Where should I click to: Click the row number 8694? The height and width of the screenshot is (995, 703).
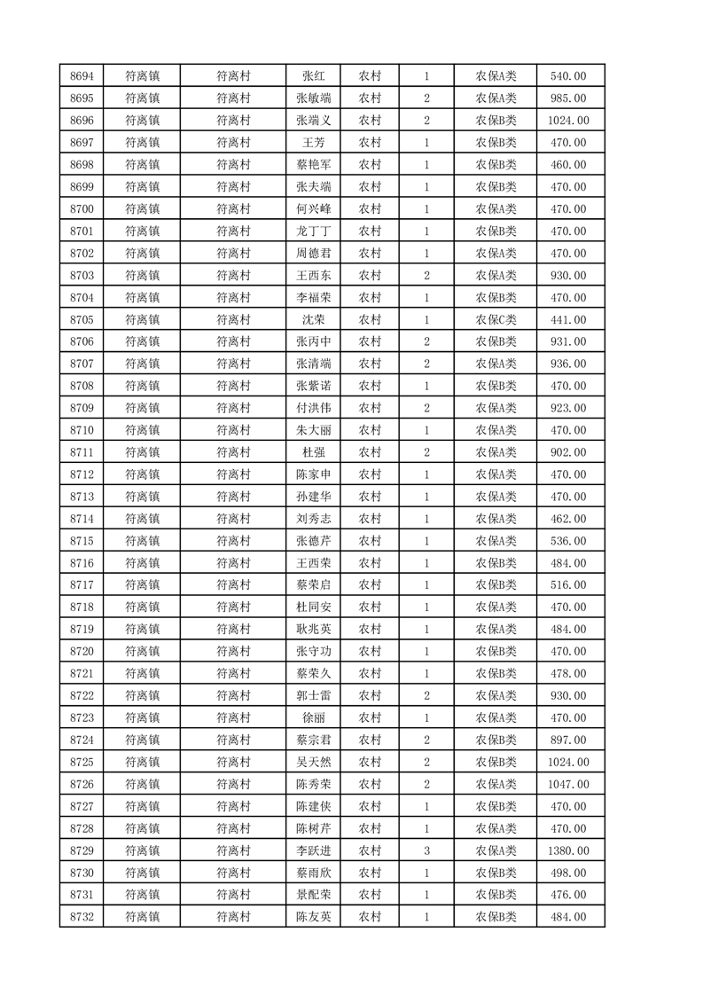pyautogui.click(x=82, y=76)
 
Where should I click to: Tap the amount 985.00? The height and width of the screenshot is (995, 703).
pyautogui.click(x=568, y=98)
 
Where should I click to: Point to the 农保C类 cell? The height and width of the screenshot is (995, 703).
pyautogui.click(x=496, y=320)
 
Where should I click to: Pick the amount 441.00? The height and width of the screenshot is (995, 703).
pyautogui.click(x=568, y=320)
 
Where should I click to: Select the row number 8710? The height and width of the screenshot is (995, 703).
pyautogui.click(x=82, y=430)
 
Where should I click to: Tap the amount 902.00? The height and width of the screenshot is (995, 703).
pyautogui.click(x=568, y=452)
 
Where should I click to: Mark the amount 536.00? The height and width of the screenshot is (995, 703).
pyautogui.click(x=568, y=541)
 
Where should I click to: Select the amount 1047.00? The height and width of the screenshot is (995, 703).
pyautogui.click(x=568, y=784)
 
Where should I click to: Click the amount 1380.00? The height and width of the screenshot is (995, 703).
pyautogui.click(x=568, y=850)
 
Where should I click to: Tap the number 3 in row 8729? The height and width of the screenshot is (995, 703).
pyautogui.click(x=426, y=850)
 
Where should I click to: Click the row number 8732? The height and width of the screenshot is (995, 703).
pyautogui.click(x=82, y=917)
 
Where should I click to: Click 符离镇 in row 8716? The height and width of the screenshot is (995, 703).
pyautogui.click(x=142, y=563)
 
